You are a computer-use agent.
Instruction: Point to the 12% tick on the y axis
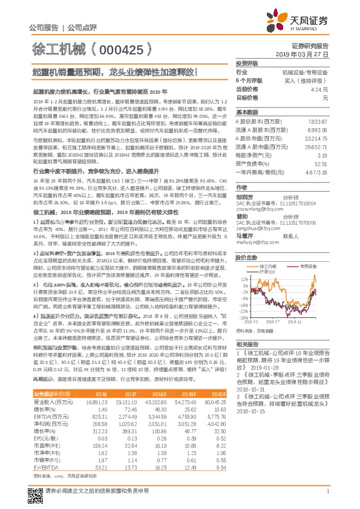coord(244,262)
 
